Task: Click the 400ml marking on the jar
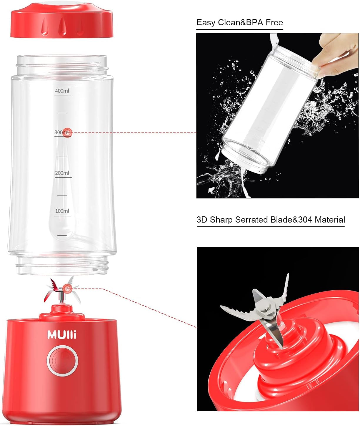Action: tap(62, 91)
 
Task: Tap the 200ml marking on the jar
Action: tap(62, 173)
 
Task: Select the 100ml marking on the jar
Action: tap(62, 211)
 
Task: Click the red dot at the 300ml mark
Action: tap(67, 133)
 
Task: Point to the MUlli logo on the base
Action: tap(62, 335)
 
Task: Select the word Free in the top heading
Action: tap(274, 23)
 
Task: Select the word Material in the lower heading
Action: tap(330, 220)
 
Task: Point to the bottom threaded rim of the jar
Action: tap(62, 266)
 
